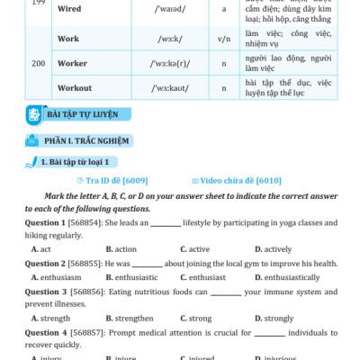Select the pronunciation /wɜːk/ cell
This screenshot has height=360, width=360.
click(x=168, y=40)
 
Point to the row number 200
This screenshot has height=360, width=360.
click(x=38, y=64)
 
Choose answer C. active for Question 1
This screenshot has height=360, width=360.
click(x=194, y=248)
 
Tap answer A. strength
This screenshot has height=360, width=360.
click(x=50, y=318)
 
